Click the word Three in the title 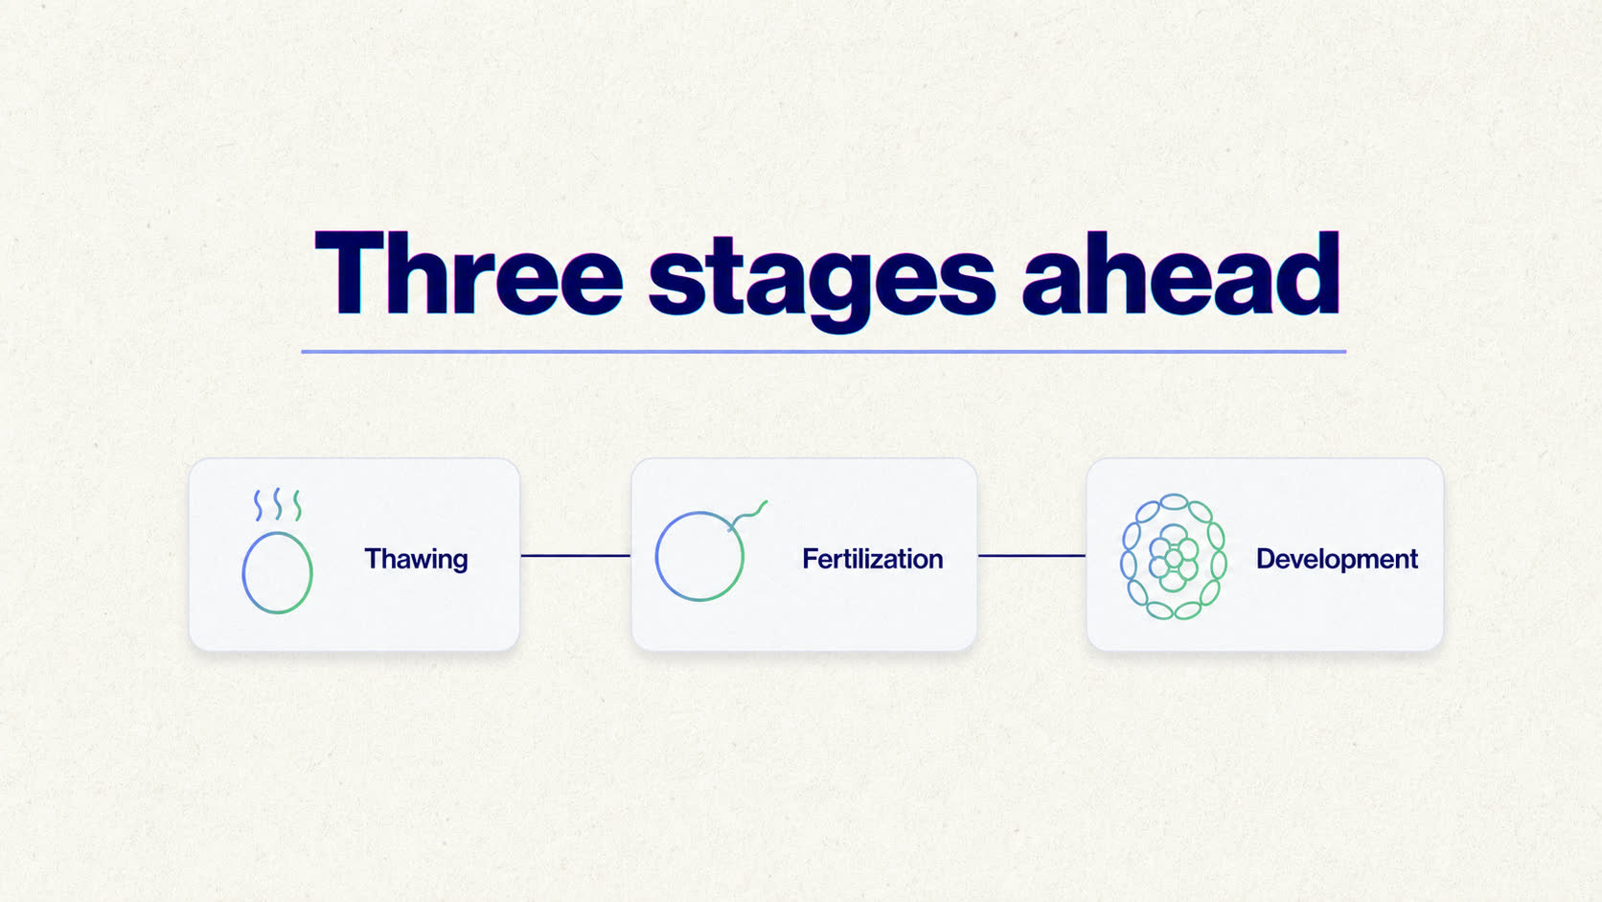(x=469, y=273)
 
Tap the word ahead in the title (x=1180, y=273)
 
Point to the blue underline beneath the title (x=823, y=351)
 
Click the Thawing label (x=416, y=560)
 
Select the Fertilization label (x=873, y=559)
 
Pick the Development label (x=1337, y=560)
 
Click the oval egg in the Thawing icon (x=243, y=572)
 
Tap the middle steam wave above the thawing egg (x=278, y=504)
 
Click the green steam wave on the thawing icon (x=298, y=506)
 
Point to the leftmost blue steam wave (x=258, y=506)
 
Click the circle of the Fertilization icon (x=656, y=557)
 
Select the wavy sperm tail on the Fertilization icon (x=748, y=514)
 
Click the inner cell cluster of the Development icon (x=1173, y=557)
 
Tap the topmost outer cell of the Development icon (x=1174, y=502)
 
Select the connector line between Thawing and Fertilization (x=576, y=556)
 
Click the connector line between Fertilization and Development (x=1031, y=556)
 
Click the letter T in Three (x=350, y=273)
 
